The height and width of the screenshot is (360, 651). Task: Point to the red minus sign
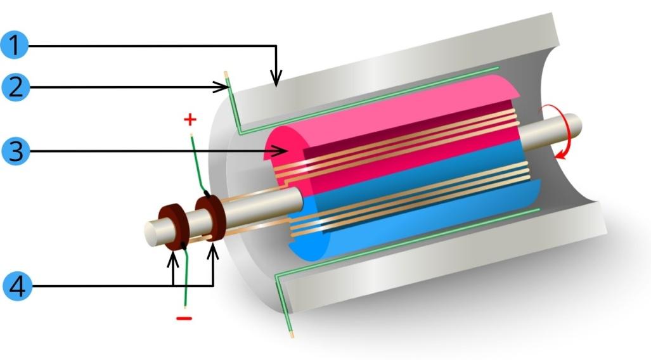(184, 318)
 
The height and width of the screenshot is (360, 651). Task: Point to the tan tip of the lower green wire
(291, 330)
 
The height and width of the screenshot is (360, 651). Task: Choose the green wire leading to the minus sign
(186, 279)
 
